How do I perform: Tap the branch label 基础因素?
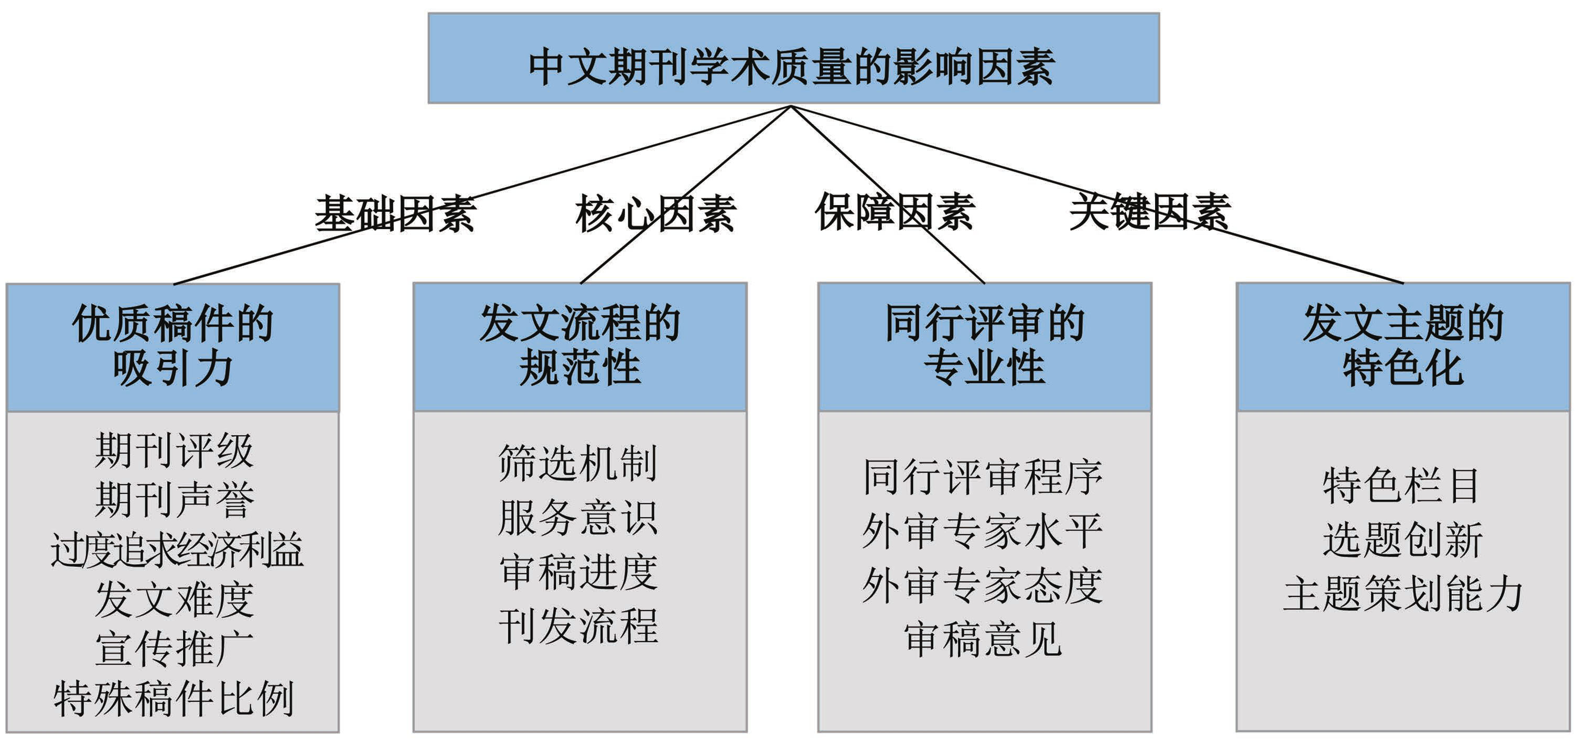[x=395, y=213]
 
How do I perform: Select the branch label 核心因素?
[x=655, y=213]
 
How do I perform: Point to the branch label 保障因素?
[x=894, y=212]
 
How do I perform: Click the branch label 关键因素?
[x=1149, y=212]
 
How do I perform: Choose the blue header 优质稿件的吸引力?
[x=173, y=347]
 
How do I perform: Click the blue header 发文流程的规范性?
[x=580, y=347]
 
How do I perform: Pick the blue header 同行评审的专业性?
[x=985, y=347]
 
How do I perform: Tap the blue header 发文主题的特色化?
[x=1403, y=347]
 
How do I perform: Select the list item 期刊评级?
[x=174, y=451]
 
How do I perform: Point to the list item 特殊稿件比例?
[x=174, y=698]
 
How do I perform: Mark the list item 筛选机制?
[x=578, y=463]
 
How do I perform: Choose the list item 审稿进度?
[x=578, y=573]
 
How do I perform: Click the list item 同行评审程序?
[x=983, y=477]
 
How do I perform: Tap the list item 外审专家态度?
[x=983, y=585]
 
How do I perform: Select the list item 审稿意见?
[x=983, y=639]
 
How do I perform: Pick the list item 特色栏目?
[x=1401, y=486]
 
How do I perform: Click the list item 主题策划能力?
[x=1403, y=593]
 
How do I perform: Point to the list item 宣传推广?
[x=174, y=649]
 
